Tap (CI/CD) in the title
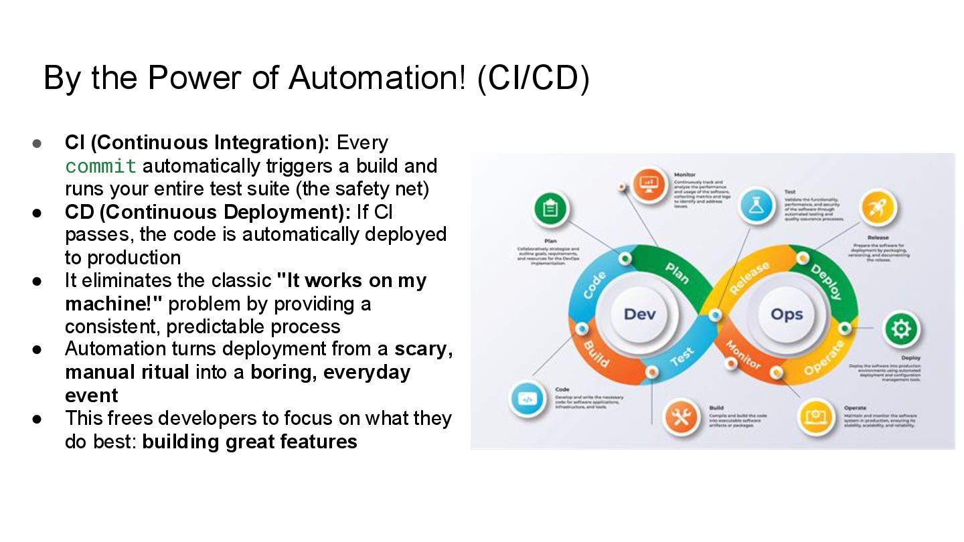pos(534,78)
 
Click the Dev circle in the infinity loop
pos(639,314)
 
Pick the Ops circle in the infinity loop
pos(787,314)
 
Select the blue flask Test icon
pos(756,207)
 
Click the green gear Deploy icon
pos(901,329)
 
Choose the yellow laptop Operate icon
pos(816,417)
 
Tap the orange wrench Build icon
pos(681,418)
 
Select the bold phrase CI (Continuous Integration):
pos(197,143)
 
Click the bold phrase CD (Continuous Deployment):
pos(208,212)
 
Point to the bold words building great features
pos(250,442)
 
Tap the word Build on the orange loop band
pos(596,353)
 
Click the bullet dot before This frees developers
pos(37,419)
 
